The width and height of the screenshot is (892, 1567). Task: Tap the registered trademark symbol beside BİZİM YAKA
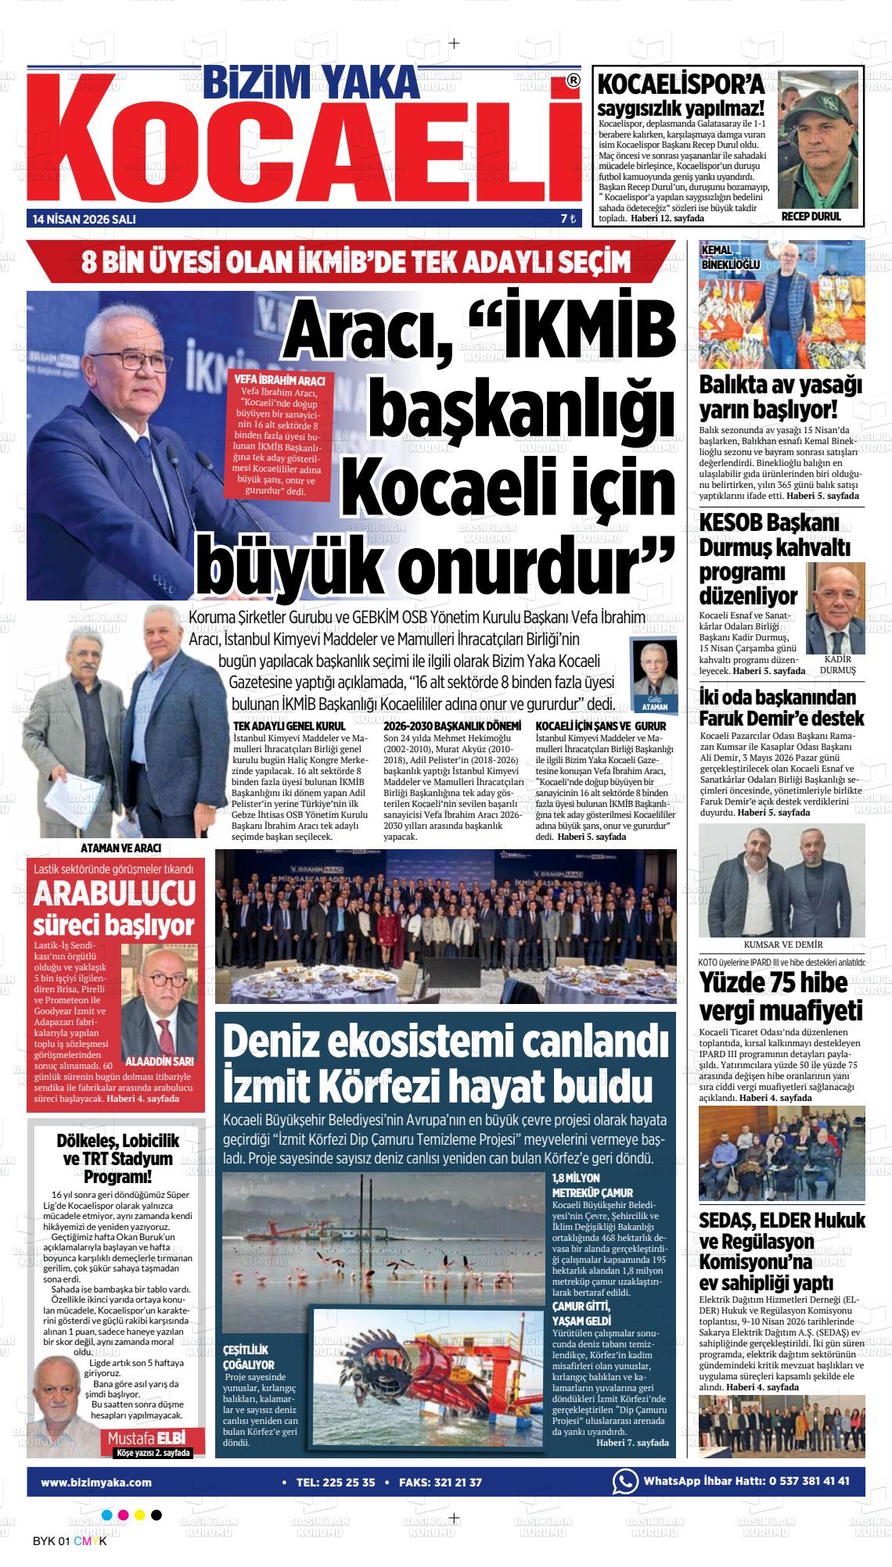(573, 81)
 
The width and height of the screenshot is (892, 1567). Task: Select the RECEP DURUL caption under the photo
(811, 217)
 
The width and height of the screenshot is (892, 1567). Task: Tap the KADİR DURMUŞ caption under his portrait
(836, 665)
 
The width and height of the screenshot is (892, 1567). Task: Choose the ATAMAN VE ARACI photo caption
(126, 848)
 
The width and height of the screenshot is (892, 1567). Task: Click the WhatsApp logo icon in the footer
(624, 1460)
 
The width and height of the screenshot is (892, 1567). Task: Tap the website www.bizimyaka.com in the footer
(96, 1460)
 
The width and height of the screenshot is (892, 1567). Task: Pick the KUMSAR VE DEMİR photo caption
(782, 945)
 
